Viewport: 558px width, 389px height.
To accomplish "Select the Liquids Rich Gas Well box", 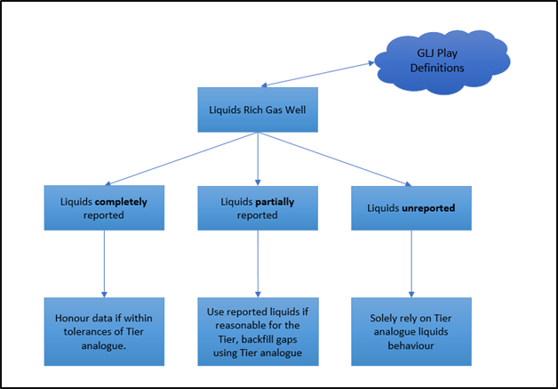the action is pos(258,109).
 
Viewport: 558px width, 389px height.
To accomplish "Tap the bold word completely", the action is pos(122,202).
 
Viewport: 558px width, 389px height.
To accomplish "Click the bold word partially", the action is pos(274,202).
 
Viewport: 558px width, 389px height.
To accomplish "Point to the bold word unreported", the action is pos(428,208).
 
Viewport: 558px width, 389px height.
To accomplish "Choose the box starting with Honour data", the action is pos(104,332).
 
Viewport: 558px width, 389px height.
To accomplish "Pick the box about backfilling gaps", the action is pos(258,332).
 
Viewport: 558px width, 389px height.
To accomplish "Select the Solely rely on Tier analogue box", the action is pos(411,332).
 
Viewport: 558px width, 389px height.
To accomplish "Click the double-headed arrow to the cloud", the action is pos(317,74).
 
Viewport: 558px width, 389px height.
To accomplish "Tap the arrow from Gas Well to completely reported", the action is pos(181,159).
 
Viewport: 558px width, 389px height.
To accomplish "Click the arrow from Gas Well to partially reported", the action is pos(258,159).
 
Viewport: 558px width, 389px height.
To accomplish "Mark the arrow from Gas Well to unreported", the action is pos(334,159).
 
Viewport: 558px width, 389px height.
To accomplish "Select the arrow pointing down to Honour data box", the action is pos(104,263).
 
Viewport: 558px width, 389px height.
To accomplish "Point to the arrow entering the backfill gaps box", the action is pos(258,263).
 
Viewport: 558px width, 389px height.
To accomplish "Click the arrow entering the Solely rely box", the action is pos(411,263).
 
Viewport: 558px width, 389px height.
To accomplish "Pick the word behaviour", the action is pos(411,346).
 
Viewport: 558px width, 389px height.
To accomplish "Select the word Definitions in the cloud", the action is pos(437,68).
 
